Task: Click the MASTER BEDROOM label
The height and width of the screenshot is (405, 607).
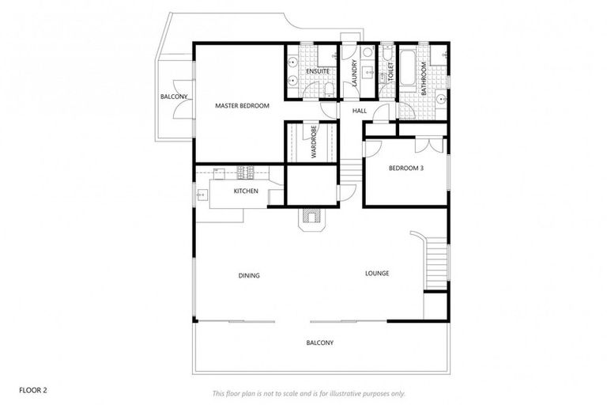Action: click(x=243, y=105)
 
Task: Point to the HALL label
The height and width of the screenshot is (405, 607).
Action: click(x=360, y=111)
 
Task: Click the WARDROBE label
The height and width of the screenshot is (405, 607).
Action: click(x=314, y=142)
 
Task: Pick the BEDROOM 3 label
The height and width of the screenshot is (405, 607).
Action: click(x=405, y=168)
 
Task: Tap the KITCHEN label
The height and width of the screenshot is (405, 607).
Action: click(x=246, y=191)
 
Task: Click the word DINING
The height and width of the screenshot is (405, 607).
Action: click(x=249, y=275)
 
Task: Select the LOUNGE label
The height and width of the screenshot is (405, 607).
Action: click(x=377, y=274)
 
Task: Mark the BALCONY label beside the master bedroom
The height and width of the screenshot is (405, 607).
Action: click(x=174, y=97)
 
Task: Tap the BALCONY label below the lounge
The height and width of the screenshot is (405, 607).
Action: click(x=320, y=343)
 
